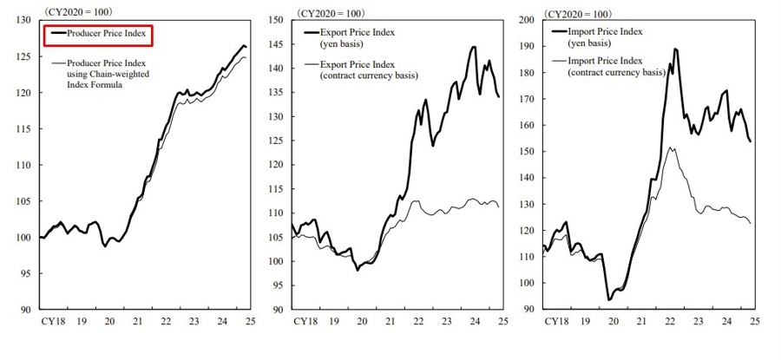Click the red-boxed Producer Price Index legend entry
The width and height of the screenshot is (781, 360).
[x=98, y=34]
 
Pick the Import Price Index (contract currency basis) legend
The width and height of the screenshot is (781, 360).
[x=615, y=67]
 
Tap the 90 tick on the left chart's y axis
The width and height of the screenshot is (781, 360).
[x=26, y=310]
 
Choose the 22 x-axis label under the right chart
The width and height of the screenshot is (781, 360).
[x=670, y=321]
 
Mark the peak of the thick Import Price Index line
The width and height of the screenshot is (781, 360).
[x=675, y=49]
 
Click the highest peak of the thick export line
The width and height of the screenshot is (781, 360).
[x=474, y=47]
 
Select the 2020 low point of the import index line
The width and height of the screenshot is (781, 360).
[x=609, y=299]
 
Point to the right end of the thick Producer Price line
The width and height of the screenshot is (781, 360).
[x=246, y=47]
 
